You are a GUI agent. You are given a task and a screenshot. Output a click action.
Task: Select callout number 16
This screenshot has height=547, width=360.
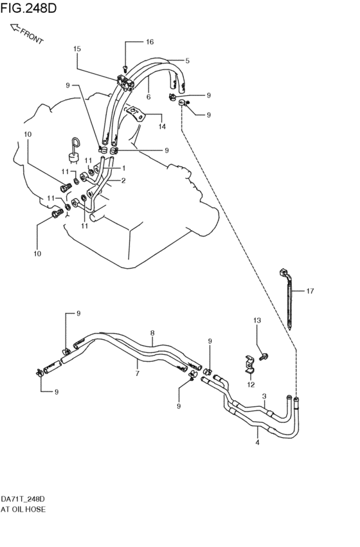(149, 42)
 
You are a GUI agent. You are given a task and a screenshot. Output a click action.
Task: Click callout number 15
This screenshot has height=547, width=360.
(77, 49)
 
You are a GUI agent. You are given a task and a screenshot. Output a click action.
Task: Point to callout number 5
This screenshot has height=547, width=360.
(188, 61)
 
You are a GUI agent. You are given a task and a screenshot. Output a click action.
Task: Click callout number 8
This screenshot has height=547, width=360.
(152, 333)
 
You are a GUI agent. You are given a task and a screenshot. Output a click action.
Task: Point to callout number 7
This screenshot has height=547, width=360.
(138, 372)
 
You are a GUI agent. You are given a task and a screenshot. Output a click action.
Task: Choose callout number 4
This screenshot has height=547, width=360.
(257, 442)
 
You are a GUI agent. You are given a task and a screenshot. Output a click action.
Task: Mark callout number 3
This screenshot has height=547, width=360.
(264, 397)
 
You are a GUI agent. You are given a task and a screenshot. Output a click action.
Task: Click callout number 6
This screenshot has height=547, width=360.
(148, 96)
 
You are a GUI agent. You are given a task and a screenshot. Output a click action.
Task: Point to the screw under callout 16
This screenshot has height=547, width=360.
(126, 67)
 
